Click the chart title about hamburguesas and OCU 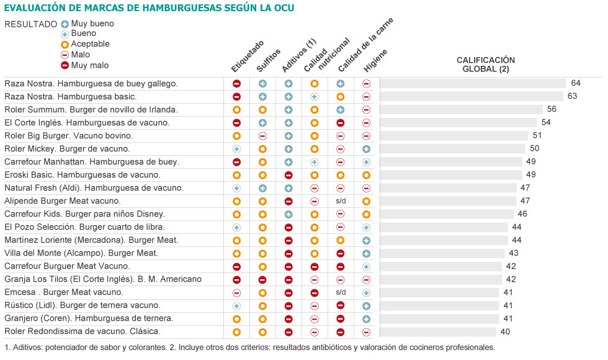point(149,7)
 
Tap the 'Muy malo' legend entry point(89,65)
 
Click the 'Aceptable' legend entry point(89,44)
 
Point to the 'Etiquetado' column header point(247,56)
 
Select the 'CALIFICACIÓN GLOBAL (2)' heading point(486,65)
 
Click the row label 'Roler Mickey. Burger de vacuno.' point(67,148)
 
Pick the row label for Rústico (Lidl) point(82,305)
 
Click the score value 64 point(575,83)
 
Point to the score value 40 point(505,331)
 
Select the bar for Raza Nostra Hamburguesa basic point(471,96)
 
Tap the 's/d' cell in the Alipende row point(340,201)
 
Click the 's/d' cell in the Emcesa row point(340,292)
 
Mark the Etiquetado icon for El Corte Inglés point(236,122)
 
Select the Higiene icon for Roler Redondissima point(366,331)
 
